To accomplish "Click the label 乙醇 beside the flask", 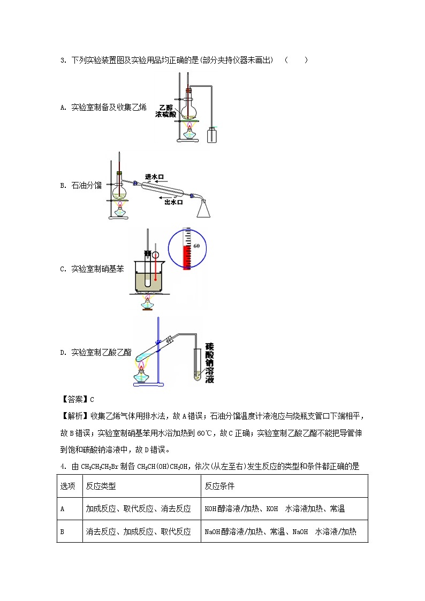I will point(166,107).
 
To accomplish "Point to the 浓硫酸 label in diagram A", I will point(165,114).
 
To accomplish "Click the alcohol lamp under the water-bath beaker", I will point(146,303).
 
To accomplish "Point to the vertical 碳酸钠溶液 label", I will point(209,363).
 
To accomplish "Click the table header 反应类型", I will point(101,486).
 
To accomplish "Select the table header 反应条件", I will point(220,486).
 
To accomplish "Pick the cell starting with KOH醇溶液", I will point(275,508).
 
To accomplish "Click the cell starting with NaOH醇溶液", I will point(280,531).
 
